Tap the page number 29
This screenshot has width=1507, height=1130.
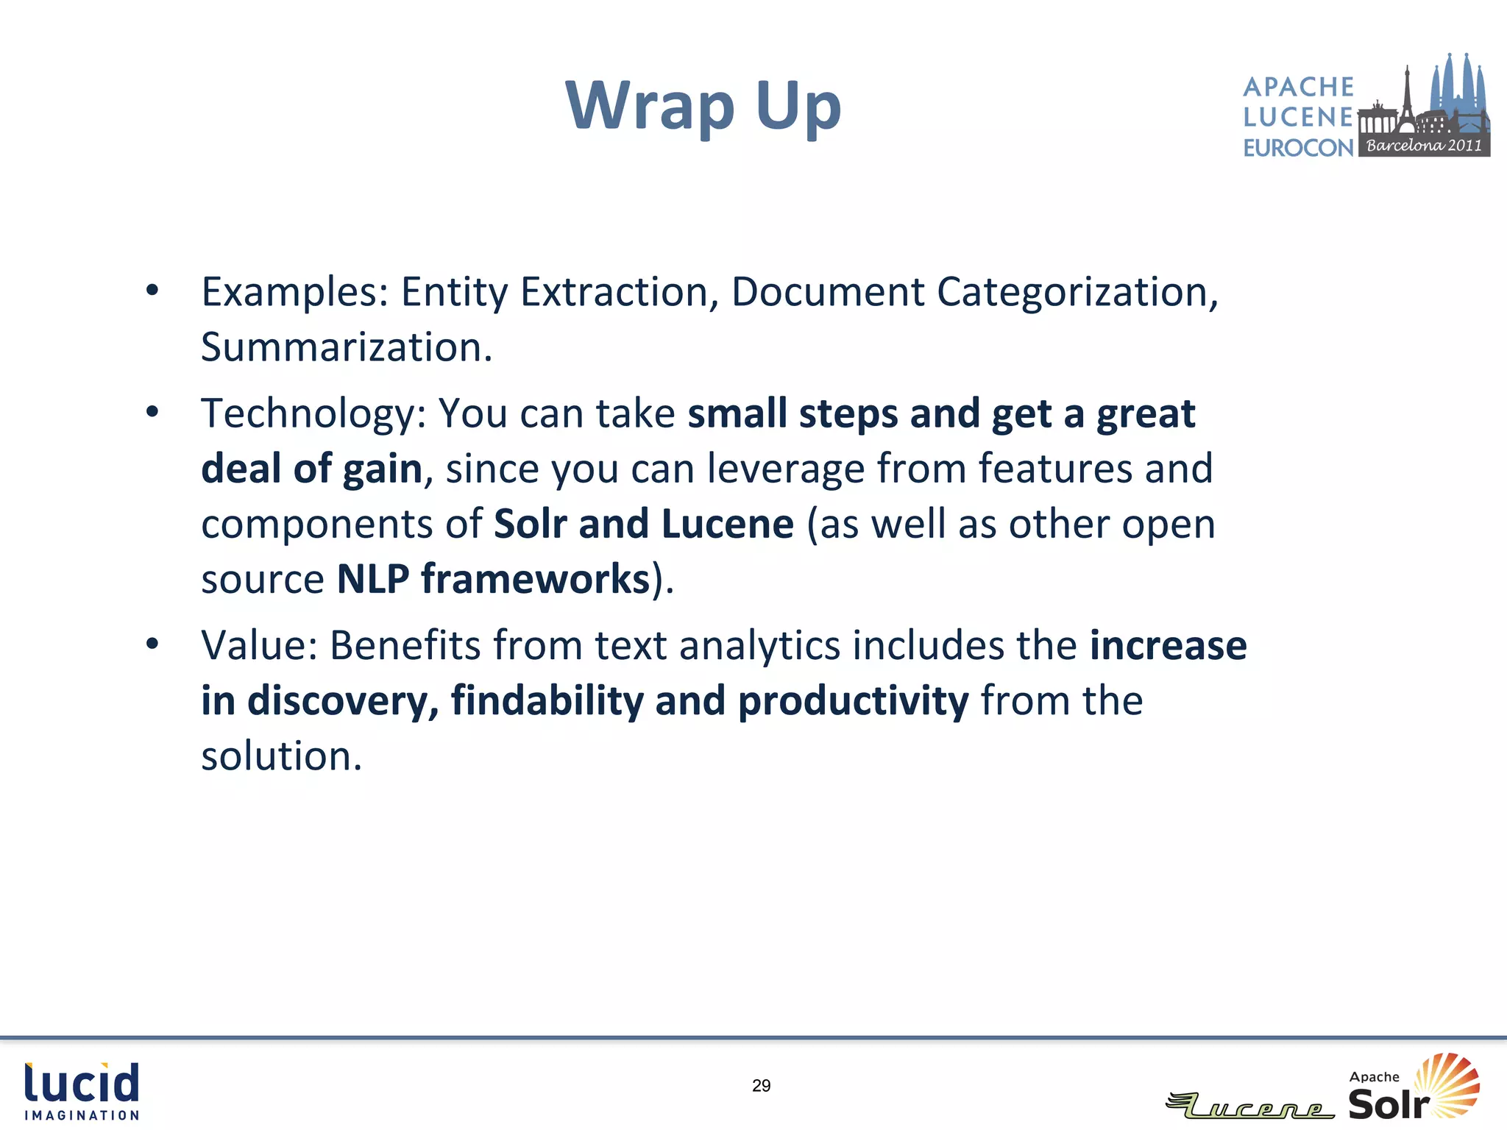[762, 1086]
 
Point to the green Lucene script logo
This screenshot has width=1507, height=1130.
[1250, 1106]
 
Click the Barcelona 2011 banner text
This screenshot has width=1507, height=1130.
[1424, 146]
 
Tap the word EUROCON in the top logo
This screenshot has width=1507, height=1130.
[1298, 148]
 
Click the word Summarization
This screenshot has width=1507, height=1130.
[346, 347]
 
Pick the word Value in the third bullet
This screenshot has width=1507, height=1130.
[259, 645]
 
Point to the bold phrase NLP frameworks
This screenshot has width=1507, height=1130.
[494, 579]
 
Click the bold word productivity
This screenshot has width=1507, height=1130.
[854, 701]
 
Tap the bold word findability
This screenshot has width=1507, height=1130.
[547, 701]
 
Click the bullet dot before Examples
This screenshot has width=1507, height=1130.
[152, 290]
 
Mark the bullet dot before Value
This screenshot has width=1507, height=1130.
[152, 644]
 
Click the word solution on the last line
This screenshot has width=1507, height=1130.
[281, 756]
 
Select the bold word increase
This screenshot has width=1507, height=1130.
[1169, 645]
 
